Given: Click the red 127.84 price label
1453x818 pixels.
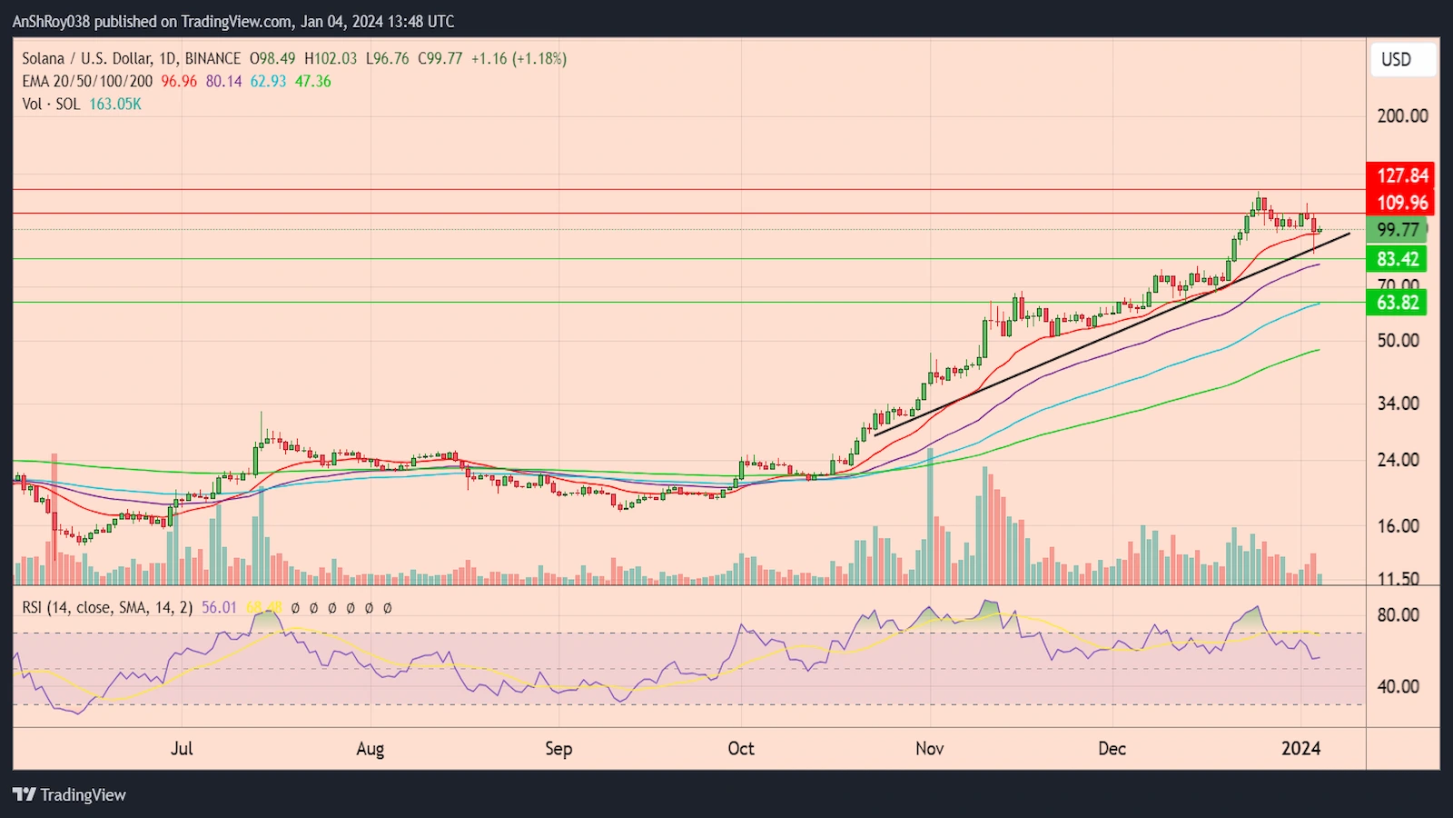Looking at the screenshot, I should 1401,175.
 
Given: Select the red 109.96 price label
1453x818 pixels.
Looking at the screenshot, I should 1401,203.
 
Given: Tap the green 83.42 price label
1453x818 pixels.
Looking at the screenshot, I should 1398,259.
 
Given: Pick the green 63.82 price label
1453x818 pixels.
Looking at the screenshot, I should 1398,303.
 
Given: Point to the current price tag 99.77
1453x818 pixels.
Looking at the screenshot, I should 1398,230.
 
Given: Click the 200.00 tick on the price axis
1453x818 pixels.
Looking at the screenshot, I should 1402,116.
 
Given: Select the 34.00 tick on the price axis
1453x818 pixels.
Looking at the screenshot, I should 1398,403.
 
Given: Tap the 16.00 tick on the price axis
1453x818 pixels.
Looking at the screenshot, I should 1398,526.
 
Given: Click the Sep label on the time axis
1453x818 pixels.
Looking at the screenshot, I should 558,749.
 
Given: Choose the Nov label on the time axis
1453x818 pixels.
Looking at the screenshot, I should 929,749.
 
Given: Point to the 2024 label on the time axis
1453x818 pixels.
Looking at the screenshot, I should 1300,749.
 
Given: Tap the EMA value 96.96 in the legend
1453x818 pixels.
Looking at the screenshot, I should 179,82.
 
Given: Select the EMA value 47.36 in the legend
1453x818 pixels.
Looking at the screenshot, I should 313,82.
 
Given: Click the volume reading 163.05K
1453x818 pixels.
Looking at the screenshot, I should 115,105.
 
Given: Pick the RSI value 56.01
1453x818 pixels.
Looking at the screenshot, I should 219,608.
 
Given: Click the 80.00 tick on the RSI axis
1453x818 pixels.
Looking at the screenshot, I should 1398,615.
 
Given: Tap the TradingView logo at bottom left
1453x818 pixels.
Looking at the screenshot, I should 70,795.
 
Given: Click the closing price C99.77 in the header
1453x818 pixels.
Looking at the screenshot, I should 440,59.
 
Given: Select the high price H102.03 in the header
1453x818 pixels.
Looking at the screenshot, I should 331,59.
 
